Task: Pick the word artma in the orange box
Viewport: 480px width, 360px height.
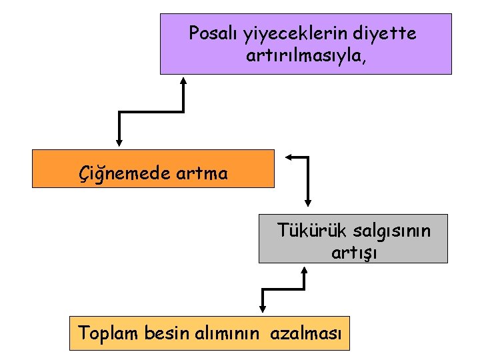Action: coord(202,174)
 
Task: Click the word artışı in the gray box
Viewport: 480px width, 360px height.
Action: coord(353,253)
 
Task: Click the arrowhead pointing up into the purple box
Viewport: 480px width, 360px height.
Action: coord(184,79)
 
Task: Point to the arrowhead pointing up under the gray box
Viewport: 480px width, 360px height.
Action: coord(305,271)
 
